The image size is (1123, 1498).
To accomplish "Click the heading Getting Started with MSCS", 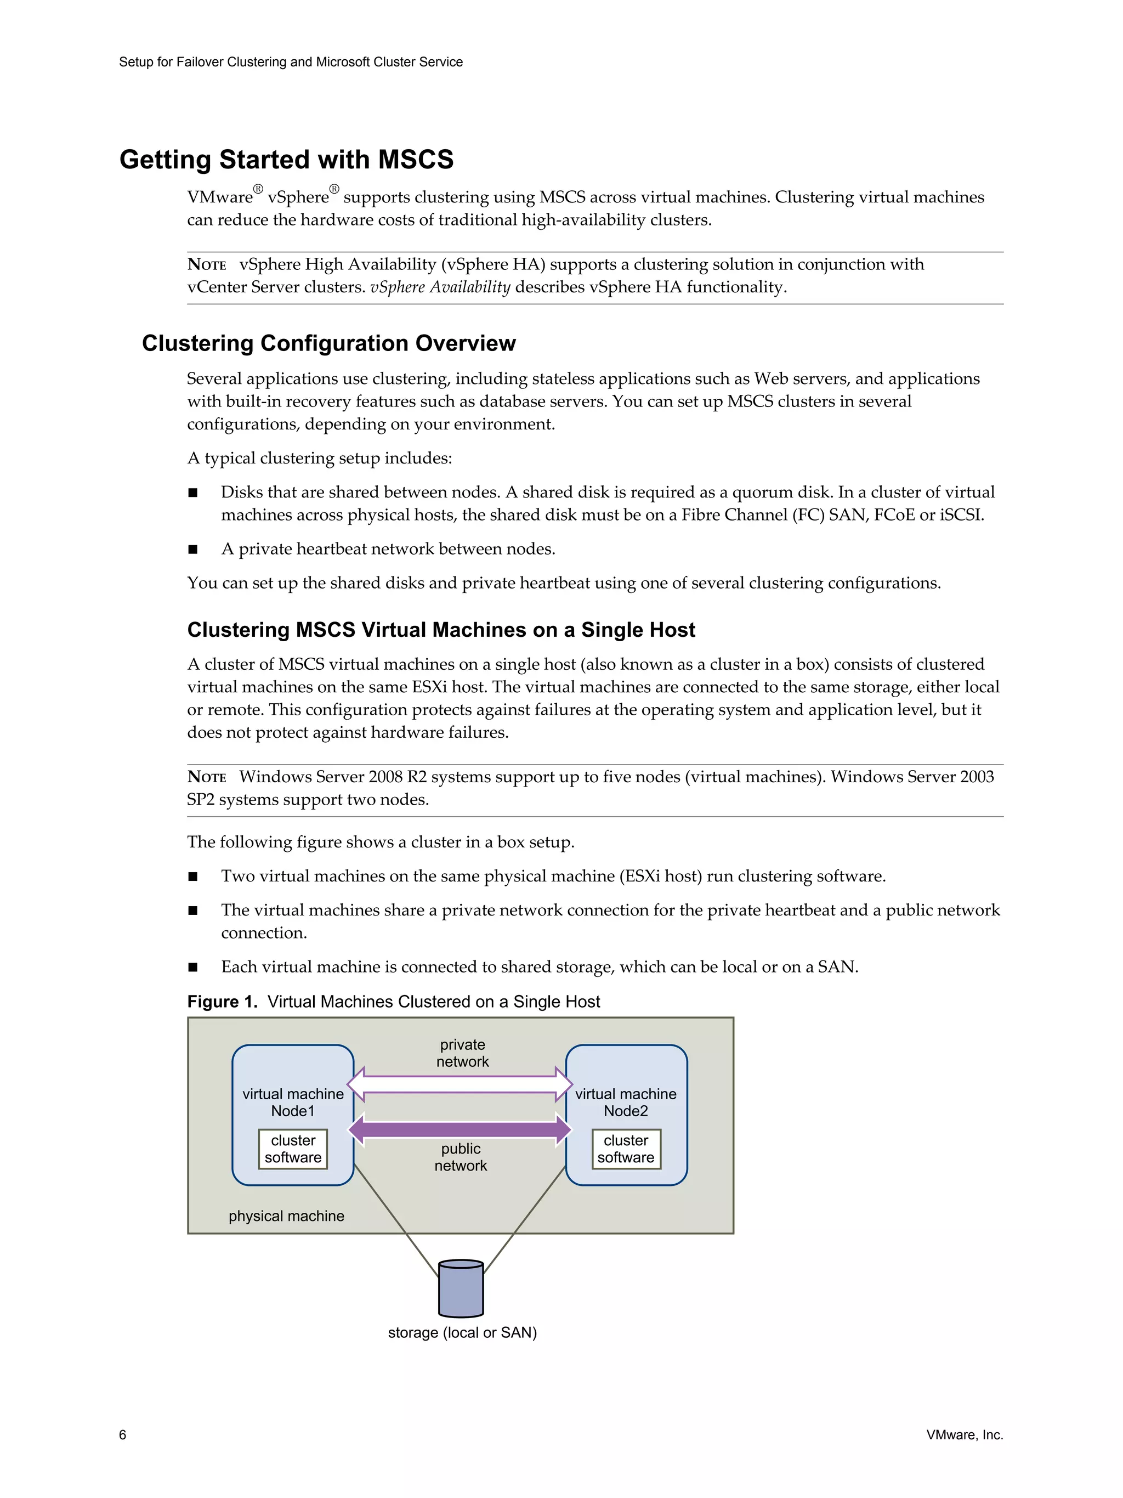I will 286,160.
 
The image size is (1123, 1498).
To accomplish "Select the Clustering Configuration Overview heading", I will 328,343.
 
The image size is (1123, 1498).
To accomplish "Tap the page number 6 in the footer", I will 122,1434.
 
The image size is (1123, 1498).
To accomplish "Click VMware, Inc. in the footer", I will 964,1434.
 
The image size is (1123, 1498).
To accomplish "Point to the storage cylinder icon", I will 461,1288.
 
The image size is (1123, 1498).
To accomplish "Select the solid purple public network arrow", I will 460,1129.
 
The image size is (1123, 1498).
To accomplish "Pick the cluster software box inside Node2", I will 626,1149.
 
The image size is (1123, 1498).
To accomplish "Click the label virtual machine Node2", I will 626,1102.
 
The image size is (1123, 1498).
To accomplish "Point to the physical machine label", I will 286,1216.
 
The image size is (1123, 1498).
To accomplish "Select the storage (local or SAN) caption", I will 462,1332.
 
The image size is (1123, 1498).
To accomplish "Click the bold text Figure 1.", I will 222,1002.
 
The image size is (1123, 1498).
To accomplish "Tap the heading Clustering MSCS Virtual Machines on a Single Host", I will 441,630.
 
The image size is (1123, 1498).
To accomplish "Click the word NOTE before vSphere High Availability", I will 207,265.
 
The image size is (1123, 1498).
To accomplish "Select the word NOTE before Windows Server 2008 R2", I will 207,777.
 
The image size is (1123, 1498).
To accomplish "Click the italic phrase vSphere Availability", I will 440,287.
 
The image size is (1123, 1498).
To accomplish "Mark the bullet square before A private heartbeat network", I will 193,549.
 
